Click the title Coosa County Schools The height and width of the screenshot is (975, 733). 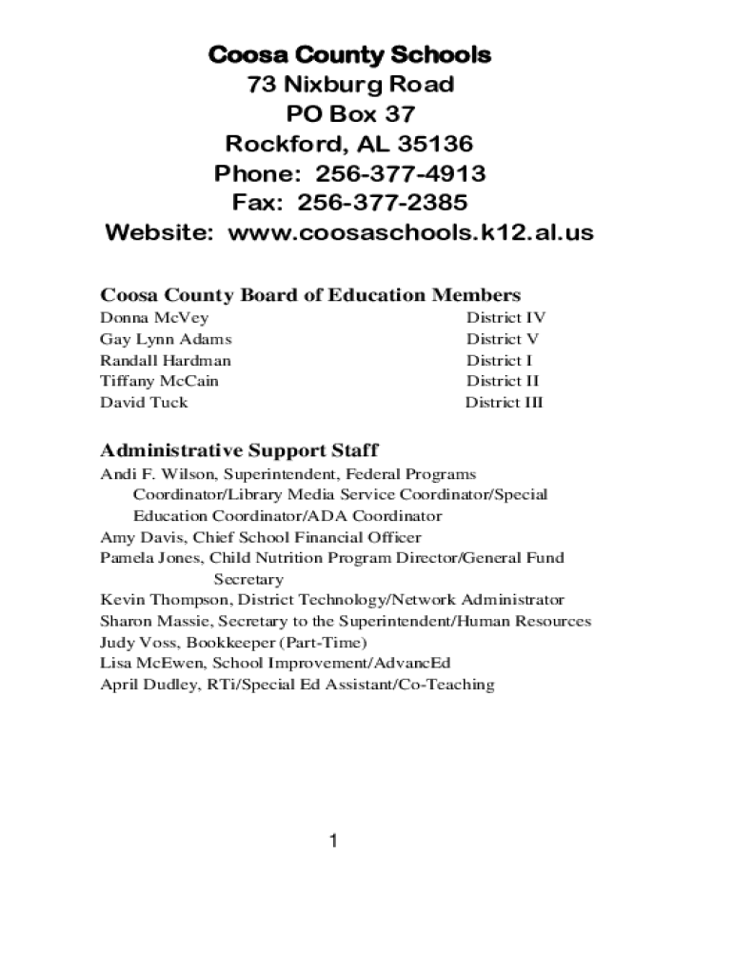[349, 55]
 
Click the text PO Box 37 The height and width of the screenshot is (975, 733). [349, 115]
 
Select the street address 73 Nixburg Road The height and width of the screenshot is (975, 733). [349, 85]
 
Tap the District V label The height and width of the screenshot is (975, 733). [503, 339]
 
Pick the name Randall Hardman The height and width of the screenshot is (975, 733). [166, 360]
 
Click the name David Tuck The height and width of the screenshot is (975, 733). [144, 402]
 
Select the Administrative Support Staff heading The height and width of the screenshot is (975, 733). [240, 449]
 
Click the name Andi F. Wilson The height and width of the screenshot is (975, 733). [157, 474]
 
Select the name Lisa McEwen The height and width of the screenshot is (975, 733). [151, 663]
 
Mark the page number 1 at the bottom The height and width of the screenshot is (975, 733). [333, 841]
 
